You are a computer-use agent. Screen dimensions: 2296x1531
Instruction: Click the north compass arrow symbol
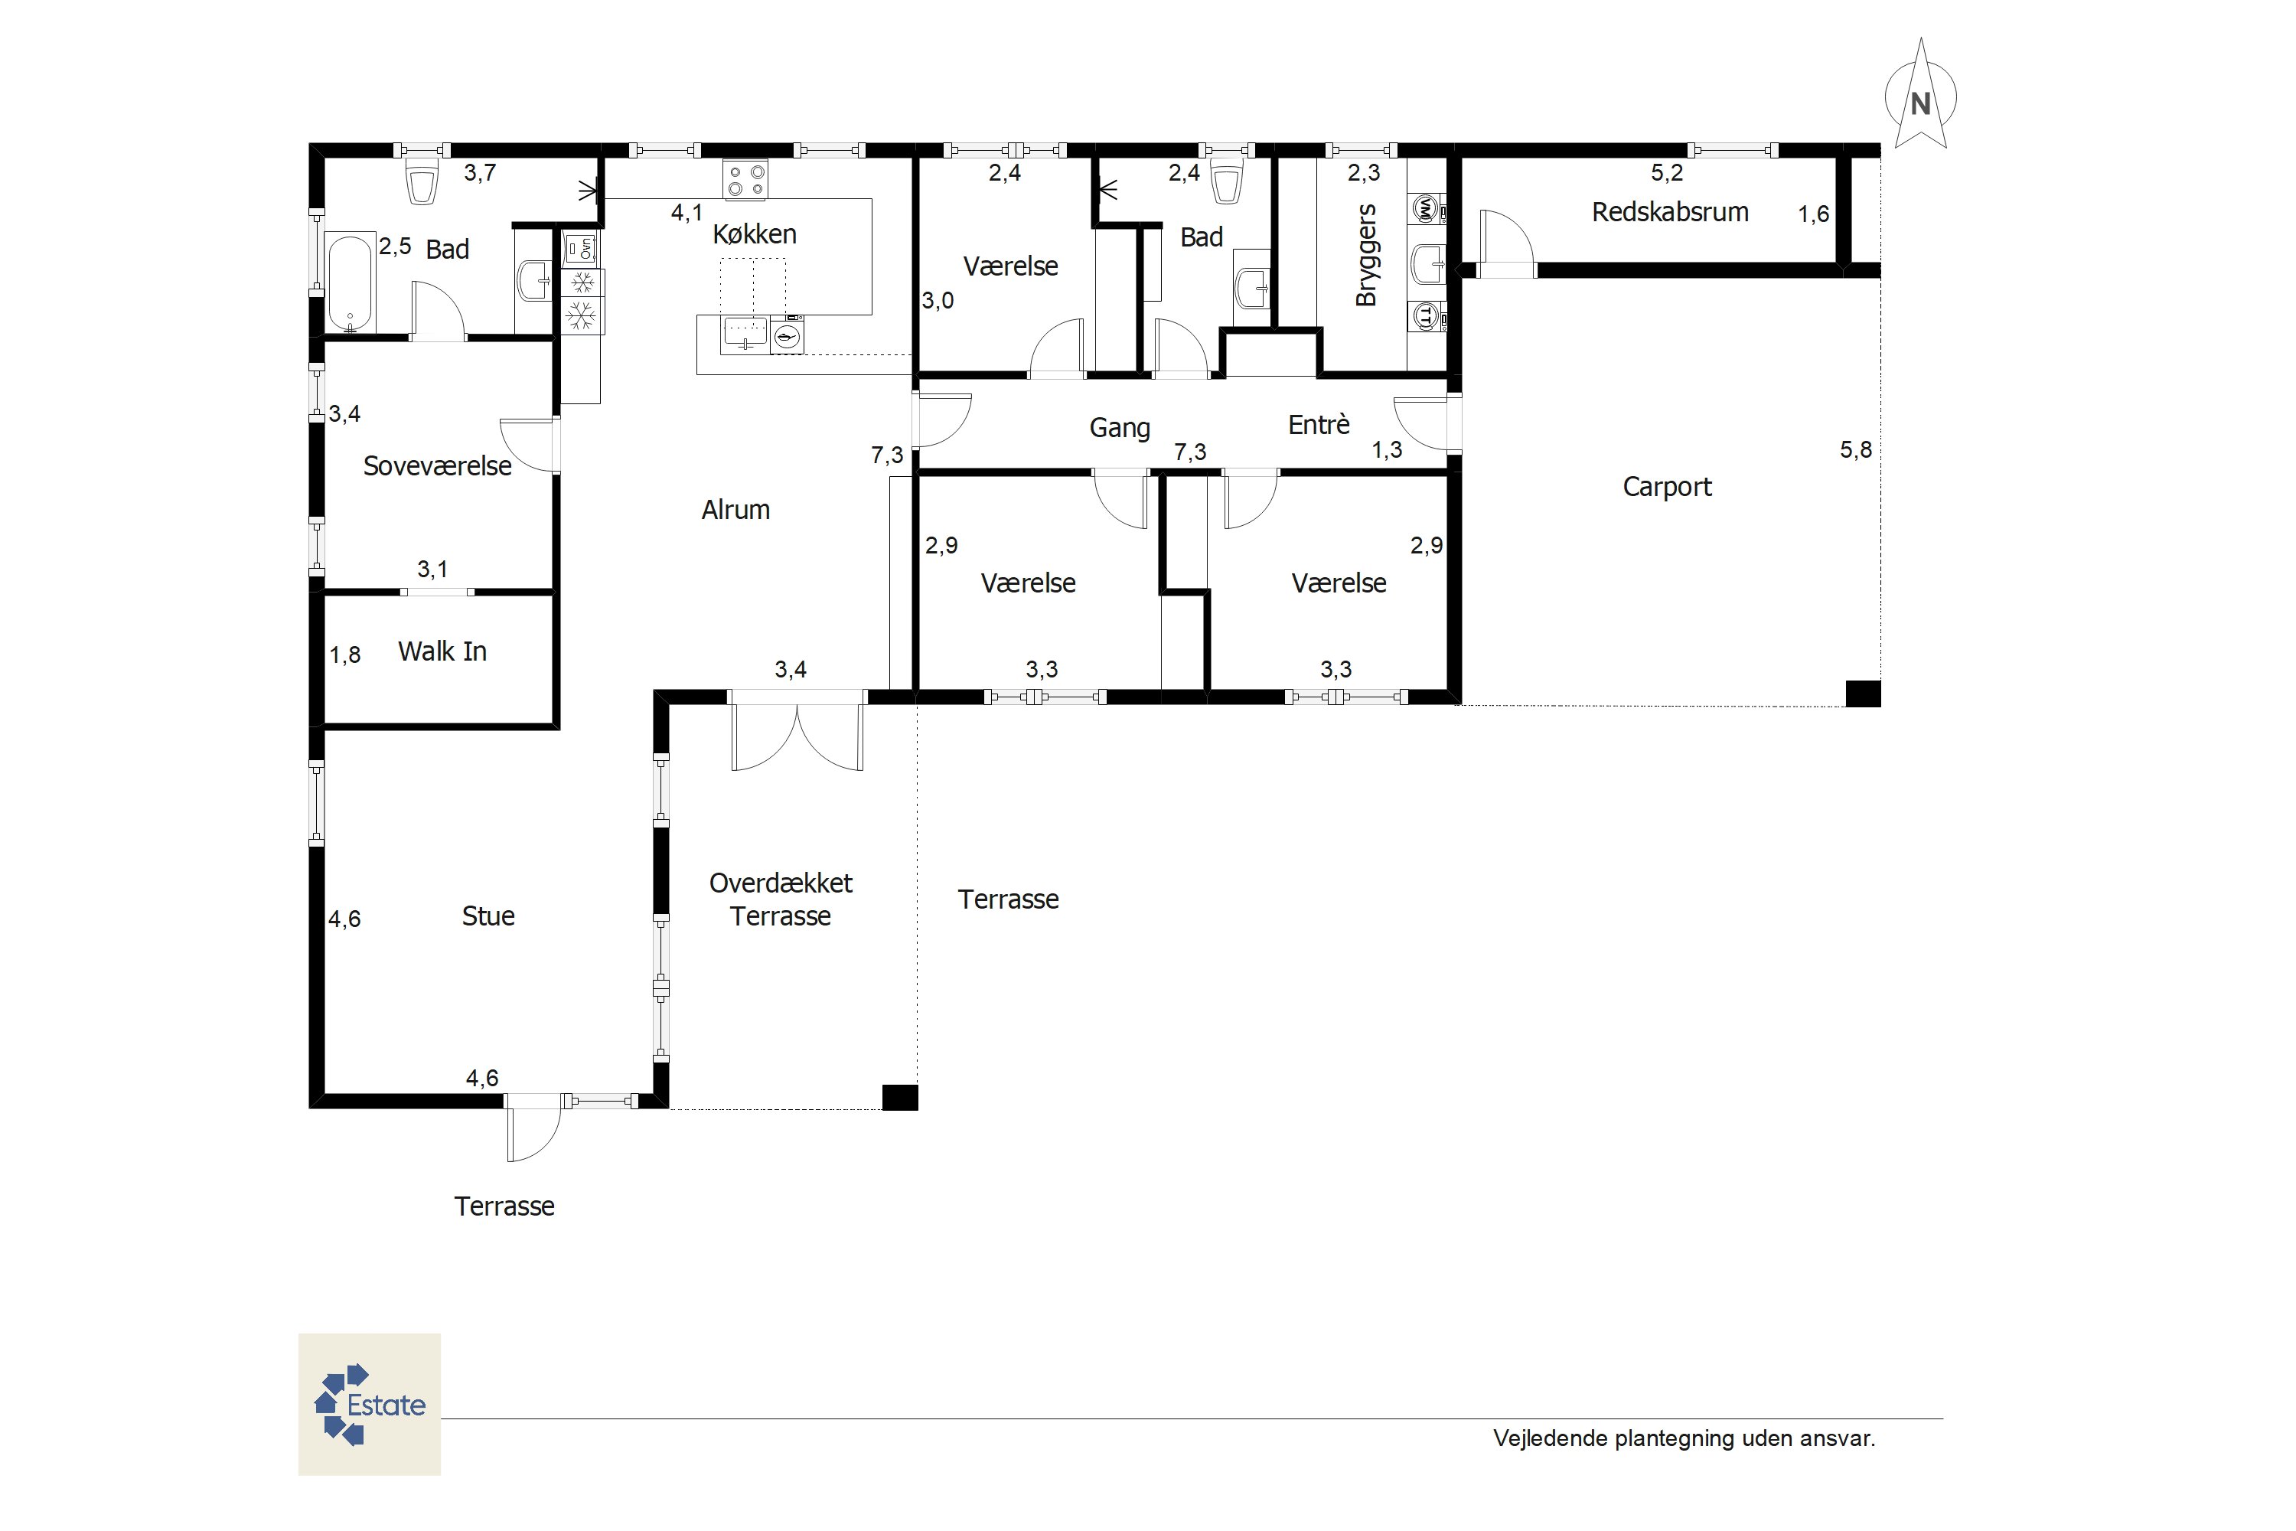click(x=1920, y=96)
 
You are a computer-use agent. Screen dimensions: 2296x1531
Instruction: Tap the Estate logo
click(x=369, y=1404)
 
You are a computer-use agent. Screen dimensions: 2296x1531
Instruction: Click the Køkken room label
click(x=755, y=234)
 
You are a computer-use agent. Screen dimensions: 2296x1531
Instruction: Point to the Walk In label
click(x=442, y=651)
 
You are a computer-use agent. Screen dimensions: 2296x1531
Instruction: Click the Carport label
click(x=1668, y=487)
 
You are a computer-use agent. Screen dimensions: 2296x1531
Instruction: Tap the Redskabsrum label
click(x=1670, y=212)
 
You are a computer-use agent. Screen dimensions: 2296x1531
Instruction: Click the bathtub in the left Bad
click(x=350, y=283)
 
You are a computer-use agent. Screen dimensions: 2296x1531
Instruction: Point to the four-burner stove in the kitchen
click(x=745, y=181)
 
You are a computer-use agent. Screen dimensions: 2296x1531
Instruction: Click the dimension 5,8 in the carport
click(x=1856, y=450)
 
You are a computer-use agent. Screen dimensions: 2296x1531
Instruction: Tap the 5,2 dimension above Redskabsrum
click(x=1668, y=173)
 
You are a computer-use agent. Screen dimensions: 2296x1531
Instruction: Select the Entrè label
click(x=1319, y=425)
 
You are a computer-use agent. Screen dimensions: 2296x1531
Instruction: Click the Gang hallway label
click(x=1120, y=428)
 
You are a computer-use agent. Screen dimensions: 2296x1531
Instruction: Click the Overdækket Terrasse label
click(x=781, y=899)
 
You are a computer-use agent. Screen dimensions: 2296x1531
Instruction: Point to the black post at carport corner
click(x=1863, y=694)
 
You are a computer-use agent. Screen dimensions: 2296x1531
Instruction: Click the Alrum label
click(x=735, y=510)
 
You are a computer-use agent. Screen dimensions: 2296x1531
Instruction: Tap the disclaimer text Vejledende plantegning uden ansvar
click(x=1684, y=1438)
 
